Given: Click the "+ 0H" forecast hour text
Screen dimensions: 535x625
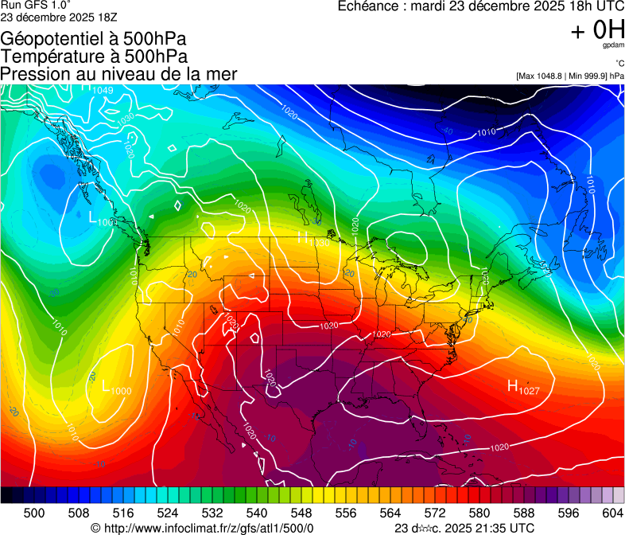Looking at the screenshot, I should pyautogui.click(x=597, y=29).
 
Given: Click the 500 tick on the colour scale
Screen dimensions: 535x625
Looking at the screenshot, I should pyautogui.click(x=34, y=512).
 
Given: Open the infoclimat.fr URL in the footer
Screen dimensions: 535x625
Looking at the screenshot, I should pyautogui.click(x=209, y=528).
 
